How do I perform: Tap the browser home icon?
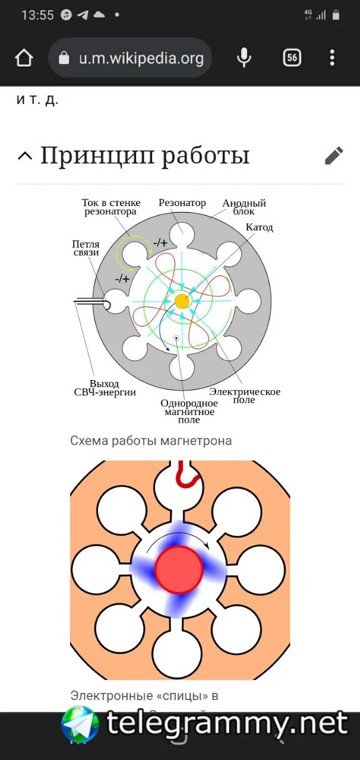pos(24,58)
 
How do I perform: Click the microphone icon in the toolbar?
pos(243,58)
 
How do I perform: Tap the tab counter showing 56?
pos(292,58)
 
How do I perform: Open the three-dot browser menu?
pos(332,58)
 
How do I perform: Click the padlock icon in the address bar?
pos(64,58)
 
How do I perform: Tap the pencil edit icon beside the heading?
pos(334,156)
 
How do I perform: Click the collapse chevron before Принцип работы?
pos(25,156)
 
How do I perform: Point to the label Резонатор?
pos(182,203)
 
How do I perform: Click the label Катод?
pos(260,227)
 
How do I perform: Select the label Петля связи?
pos(86,248)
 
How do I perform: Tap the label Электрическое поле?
pos(245,395)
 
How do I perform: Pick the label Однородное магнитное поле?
pos(188,411)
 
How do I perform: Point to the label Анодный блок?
pos(244,207)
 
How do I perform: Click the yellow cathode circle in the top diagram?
pos(182,301)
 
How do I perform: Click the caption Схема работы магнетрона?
pos(151,441)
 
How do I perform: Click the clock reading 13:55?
pos(37,15)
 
